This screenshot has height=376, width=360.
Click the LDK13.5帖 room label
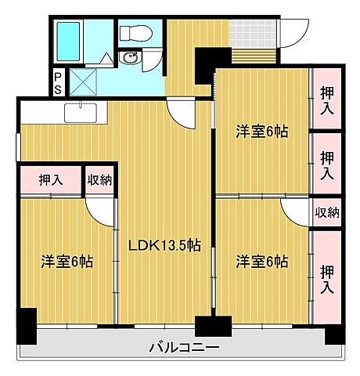[x=164, y=244]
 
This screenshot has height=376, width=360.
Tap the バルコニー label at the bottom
[x=184, y=347]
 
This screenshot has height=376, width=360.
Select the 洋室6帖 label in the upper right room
[x=262, y=132]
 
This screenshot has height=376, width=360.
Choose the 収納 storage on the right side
[x=327, y=212]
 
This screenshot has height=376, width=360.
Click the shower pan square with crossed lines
[x=85, y=81]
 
